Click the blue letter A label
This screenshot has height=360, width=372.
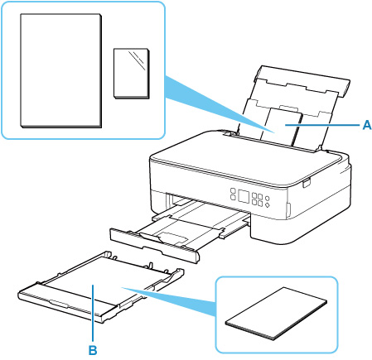366,125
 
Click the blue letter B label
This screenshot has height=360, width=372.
93,350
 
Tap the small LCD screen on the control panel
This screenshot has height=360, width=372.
244,196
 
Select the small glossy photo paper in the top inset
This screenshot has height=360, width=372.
132,74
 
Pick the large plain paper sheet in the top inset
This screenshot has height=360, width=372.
61,70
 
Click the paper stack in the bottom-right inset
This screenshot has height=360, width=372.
276,313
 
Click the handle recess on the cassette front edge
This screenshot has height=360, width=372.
59,304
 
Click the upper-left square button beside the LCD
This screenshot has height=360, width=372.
233,191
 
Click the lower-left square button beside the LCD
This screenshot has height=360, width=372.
233,197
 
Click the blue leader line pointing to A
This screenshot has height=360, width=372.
322,125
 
